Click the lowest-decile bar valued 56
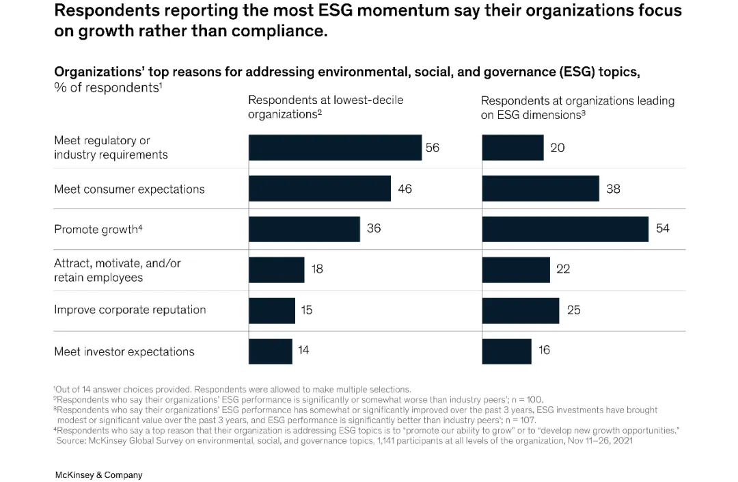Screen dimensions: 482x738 click(x=335, y=148)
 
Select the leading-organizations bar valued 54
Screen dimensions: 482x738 click(x=565, y=229)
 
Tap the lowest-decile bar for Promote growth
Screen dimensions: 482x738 click(x=304, y=229)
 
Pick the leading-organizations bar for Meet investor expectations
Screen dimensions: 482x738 click(x=506, y=351)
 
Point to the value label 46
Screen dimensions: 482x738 click(x=405, y=189)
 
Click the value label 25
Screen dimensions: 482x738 click(x=573, y=310)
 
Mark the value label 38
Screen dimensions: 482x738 click(x=613, y=189)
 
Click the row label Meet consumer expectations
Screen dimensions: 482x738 click(x=129, y=189)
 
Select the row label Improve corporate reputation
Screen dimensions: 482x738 click(x=130, y=310)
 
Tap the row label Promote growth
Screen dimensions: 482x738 click(x=96, y=230)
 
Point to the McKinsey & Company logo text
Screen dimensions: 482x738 click(x=98, y=474)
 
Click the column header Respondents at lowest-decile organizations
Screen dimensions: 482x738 click(x=325, y=107)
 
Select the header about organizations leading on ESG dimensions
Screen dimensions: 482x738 click(x=577, y=107)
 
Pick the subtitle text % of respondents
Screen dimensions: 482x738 click(x=107, y=87)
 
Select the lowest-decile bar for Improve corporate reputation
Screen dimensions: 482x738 click(x=272, y=310)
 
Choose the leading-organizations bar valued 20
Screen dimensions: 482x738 click(x=512, y=148)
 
